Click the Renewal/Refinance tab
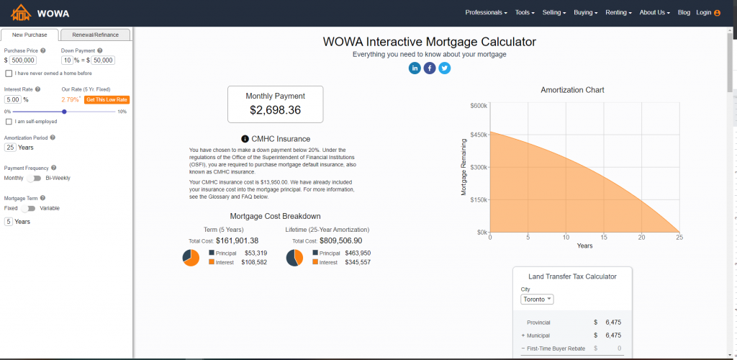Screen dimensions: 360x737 [x=96, y=35]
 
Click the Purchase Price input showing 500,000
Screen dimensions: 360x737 [x=23, y=60]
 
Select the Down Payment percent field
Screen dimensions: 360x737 [x=67, y=60]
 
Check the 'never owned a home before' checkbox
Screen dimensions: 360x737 [x=9, y=73]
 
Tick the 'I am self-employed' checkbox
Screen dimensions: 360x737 [x=9, y=122]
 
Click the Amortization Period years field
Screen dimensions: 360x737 [x=10, y=148]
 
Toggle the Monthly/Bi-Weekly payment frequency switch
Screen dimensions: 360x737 [x=34, y=178]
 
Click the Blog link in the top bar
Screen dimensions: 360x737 [x=684, y=13]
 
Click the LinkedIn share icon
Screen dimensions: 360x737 [x=415, y=68]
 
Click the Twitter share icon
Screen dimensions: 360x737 [x=445, y=68]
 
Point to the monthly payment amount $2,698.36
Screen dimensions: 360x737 [x=276, y=110]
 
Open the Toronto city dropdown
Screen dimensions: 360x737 [x=536, y=299]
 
